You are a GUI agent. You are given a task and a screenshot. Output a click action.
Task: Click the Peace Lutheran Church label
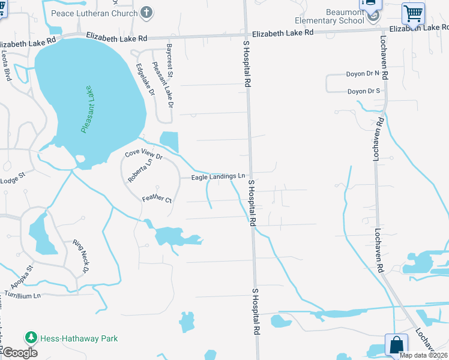[94, 13]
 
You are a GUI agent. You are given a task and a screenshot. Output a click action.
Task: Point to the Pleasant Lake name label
[88, 109]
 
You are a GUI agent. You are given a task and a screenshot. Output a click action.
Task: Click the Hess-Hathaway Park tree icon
[31, 338]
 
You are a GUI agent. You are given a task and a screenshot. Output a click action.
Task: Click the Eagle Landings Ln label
[218, 176]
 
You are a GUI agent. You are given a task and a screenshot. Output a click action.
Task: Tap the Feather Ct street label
[157, 199]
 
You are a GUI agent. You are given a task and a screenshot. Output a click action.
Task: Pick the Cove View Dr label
[143, 154]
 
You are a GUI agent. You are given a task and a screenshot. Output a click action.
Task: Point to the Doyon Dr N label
[363, 74]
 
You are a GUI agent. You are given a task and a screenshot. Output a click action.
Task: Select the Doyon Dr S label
[363, 91]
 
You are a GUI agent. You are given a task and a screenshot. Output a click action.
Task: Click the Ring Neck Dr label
[80, 256]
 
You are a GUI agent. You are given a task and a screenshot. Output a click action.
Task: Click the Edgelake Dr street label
[145, 80]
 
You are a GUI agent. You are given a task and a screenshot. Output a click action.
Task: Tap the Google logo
[20, 353]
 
